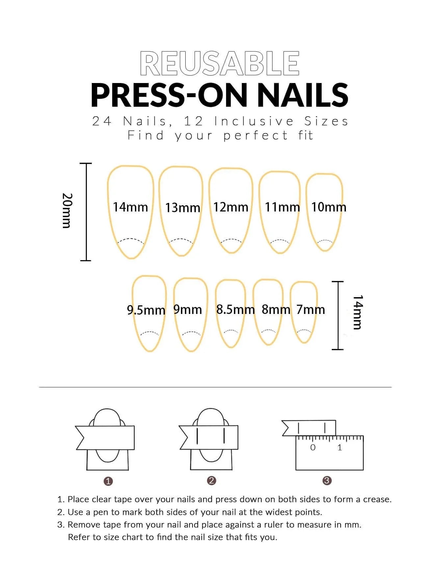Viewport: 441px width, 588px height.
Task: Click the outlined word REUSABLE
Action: pyautogui.click(x=220, y=63)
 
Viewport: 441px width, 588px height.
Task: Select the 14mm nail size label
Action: pyautogui.click(x=130, y=207)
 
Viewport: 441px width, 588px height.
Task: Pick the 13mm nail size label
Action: pyautogui.click(x=182, y=208)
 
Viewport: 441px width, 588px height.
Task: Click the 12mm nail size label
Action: pyautogui.click(x=230, y=207)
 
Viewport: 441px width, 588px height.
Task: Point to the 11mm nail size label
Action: pyautogui.click(x=282, y=207)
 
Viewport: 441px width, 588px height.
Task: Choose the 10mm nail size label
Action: pyautogui.click(x=328, y=207)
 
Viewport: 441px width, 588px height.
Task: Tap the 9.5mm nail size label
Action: pyautogui.click(x=146, y=310)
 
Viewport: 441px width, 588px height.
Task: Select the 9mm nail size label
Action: pyautogui.click(x=187, y=310)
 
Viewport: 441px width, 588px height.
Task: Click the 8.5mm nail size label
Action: pyautogui.click(x=235, y=310)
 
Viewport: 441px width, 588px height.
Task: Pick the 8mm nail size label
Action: pyautogui.click(x=276, y=310)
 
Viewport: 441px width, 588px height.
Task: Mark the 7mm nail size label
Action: pyautogui.click(x=310, y=310)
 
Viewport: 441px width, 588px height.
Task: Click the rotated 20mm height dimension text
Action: pyautogui.click(x=67, y=211)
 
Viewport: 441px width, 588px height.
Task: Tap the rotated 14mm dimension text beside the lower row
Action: pyautogui.click(x=357, y=312)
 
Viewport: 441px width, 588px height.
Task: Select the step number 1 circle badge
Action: pyautogui.click(x=108, y=481)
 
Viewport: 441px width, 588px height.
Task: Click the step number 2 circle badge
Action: pyautogui.click(x=212, y=481)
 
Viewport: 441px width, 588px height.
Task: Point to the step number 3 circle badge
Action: pyautogui.click(x=327, y=481)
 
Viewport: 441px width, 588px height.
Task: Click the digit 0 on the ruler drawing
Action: pyautogui.click(x=313, y=447)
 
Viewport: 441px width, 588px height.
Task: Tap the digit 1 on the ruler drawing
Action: pyautogui.click(x=340, y=447)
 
